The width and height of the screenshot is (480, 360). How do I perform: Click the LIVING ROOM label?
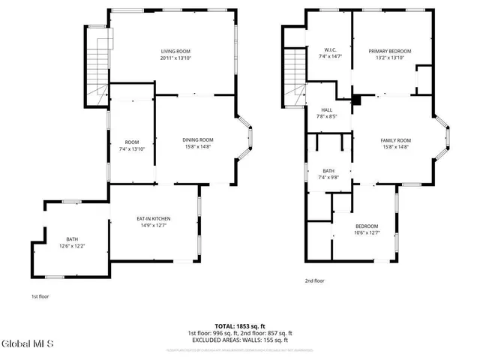click(x=175, y=51)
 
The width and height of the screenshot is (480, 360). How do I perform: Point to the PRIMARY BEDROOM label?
click(x=389, y=51)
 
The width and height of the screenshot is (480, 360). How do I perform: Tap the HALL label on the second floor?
click(x=326, y=109)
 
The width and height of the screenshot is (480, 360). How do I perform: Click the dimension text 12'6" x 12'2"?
click(x=72, y=246)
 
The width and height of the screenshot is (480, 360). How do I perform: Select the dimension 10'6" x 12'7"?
click(x=367, y=232)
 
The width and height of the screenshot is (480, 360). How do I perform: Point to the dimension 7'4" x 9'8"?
click(x=328, y=177)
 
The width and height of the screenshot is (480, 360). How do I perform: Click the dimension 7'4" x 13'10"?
click(x=132, y=148)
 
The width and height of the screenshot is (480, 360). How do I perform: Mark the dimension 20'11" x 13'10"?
click(x=175, y=58)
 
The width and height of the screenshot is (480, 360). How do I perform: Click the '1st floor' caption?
click(x=41, y=295)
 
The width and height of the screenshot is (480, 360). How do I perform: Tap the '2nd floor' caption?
click(x=314, y=280)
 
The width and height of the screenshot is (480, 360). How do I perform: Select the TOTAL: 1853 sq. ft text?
click(x=240, y=326)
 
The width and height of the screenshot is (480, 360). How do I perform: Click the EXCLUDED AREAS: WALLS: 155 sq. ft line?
click(x=240, y=340)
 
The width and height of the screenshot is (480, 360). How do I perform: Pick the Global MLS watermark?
click(x=28, y=345)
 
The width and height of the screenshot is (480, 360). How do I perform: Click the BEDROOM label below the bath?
click(x=367, y=226)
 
